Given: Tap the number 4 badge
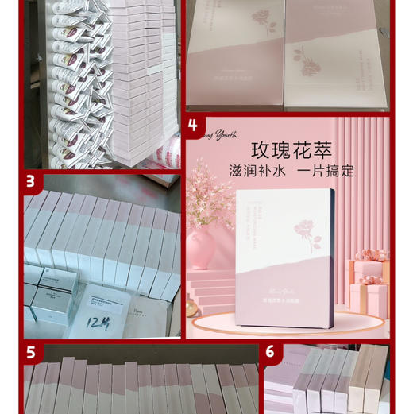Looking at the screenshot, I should pyautogui.click(x=193, y=126).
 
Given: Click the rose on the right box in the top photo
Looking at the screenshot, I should pyautogui.click(x=307, y=56).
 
